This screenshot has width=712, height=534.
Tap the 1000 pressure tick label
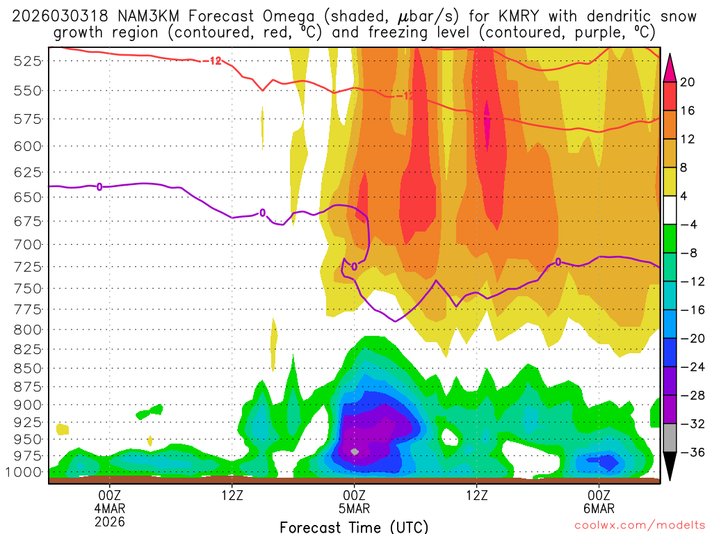coord(24,472)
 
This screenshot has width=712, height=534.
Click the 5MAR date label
coord(355,508)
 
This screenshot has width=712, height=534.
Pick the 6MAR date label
coord(599,508)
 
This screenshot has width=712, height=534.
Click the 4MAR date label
coord(111,508)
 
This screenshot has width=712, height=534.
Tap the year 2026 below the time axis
coord(111,520)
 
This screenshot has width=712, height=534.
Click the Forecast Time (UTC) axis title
coord(354,526)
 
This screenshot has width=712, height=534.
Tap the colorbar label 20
coord(687,82)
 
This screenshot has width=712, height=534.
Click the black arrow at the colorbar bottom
coord(670,467)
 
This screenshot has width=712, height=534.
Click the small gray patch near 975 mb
coord(355,452)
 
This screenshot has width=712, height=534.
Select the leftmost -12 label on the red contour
coord(212,60)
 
